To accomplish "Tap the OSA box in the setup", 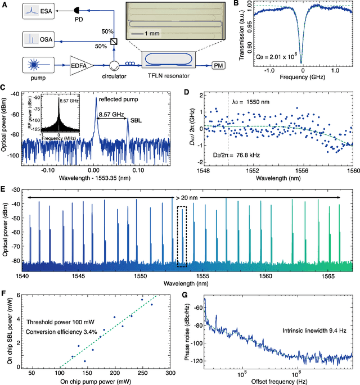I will pyautogui.click(x=35, y=39).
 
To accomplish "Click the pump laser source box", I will pyautogui.click(x=35, y=65).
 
